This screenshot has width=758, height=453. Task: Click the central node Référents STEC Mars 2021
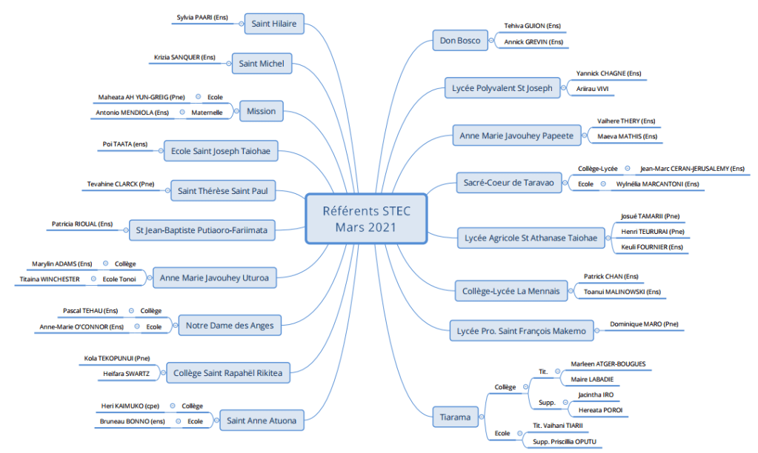pyautogui.click(x=366, y=218)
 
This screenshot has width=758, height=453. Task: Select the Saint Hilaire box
pyautogui.click(x=273, y=24)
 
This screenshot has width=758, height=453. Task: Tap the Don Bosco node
pyautogui.click(x=459, y=41)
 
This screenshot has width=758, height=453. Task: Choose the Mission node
pyautogui.click(x=261, y=111)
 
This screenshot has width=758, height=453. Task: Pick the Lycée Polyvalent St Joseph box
pyautogui.click(x=502, y=88)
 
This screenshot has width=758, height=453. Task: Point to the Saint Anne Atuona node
pyautogui.click(x=262, y=420)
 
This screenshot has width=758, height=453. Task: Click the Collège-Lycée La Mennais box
pyautogui.click(x=511, y=289)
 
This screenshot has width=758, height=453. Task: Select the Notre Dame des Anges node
pyautogui.click(x=230, y=325)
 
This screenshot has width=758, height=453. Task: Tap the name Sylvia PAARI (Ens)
pyautogui.click(x=202, y=17)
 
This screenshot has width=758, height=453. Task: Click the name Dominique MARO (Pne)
pyautogui.click(x=643, y=323)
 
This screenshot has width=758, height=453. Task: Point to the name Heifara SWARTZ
pyautogui.click(x=124, y=374)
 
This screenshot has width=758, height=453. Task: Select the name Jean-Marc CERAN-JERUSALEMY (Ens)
pyautogui.click(x=692, y=169)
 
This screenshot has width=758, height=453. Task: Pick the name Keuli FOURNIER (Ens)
pyautogui.click(x=651, y=246)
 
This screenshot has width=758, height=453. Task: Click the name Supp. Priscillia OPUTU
pyautogui.click(x=564, y=441)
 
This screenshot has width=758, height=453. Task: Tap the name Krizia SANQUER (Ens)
pyautogui.click(x=184, y=57)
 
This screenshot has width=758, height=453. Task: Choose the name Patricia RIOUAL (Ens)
pyautogui.click(x=82, y=223)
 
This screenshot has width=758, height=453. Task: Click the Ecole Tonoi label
pyautogui.click(x=118, y=279)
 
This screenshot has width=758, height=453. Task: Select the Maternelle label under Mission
pyautogui.click(x=207, y=113)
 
